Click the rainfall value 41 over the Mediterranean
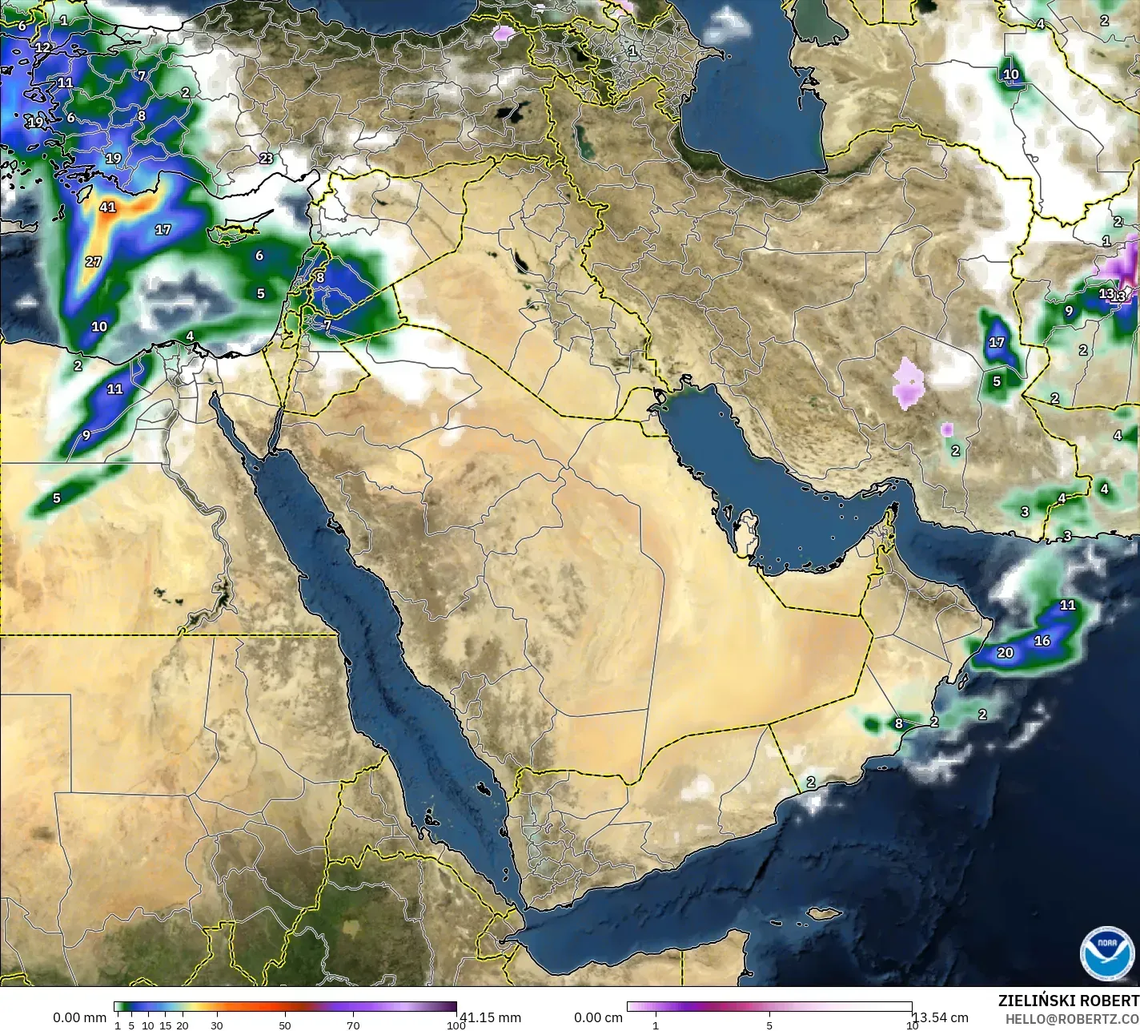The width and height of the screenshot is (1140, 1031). click(107, 207)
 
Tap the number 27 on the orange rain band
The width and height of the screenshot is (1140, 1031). click(94, 261)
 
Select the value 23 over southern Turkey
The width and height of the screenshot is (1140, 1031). click(267, 158)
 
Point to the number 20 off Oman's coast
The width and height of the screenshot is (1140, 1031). click(1006, 653)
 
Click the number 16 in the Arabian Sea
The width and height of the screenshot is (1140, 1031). click(1042, 641)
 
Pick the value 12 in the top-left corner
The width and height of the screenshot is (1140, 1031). click(42, 47)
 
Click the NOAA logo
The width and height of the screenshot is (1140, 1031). click(1106, 952)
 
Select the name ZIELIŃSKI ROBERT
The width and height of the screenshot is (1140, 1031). click(1068, 1001)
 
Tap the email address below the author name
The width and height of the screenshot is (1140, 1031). click(1072, 1019)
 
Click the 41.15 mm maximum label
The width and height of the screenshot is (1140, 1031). click(490, 1017)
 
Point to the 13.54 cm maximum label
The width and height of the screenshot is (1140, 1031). click(941, 1017)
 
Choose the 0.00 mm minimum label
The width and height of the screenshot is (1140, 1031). click(79, 1017)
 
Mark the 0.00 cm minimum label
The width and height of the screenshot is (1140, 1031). click(598, 1017)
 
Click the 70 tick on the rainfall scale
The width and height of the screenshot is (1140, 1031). click(353, 1025)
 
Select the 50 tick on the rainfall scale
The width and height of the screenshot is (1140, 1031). click(285, 1025)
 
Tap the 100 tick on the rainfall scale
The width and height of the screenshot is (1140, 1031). click(456, 1025)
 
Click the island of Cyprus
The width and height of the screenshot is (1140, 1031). click(233, 232)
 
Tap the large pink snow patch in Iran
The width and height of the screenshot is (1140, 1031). click(908, 383)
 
